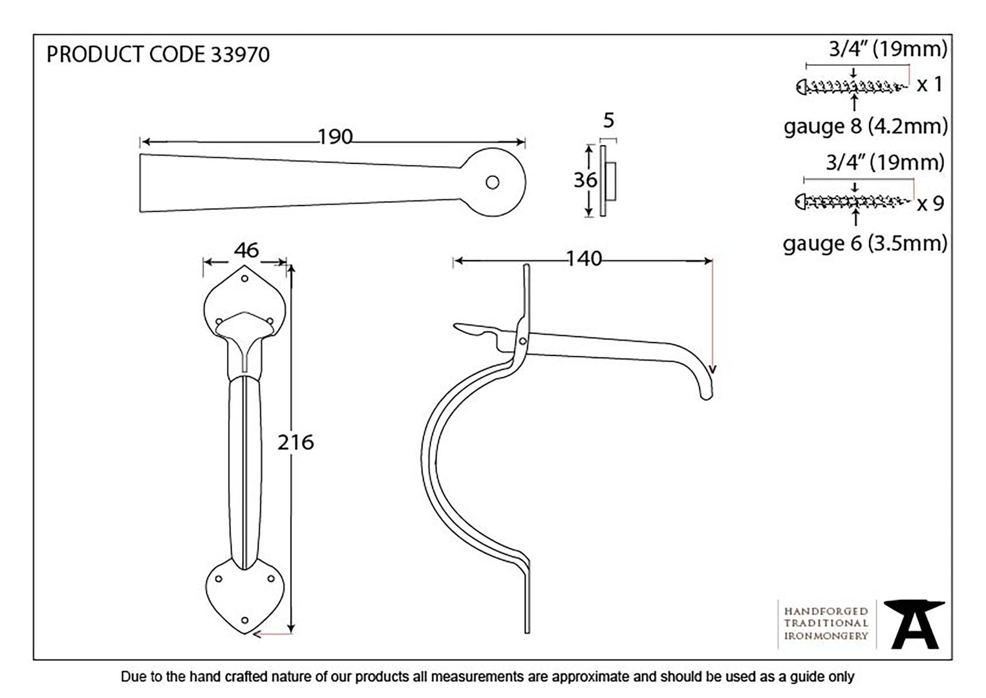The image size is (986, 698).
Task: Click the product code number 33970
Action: click(x=240, y=54)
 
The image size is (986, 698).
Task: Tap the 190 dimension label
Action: click(x=336, y=137)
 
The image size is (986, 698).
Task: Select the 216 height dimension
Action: click(x=295, y=442)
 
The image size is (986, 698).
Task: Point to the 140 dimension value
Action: click(x=584, y=259)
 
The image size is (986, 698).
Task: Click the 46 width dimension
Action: click(x=246, y=250)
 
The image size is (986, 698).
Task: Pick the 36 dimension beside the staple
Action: click(x=585, y=180)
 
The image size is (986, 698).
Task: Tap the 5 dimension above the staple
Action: click(x=608, y=121)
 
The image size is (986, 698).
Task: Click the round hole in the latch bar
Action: click(x=492, y=182)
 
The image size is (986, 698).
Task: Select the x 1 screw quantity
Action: click(x=930, y=84)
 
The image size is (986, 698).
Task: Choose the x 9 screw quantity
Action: click(x=930, y=204)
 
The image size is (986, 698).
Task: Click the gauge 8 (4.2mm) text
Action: click(x=865, y=127)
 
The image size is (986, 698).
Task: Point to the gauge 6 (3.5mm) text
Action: click(x=865, y=244)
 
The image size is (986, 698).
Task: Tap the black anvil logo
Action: click(x=915, y=624)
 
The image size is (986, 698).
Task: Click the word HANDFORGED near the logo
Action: click(x=826, y=611)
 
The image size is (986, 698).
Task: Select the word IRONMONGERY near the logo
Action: click(x=826, y=635)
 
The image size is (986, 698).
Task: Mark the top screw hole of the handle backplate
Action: click(x=245, y=279)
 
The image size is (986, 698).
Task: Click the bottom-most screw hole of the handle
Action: click(x=245, y=620)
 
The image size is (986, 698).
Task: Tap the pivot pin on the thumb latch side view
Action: click(x=522, y=341)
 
